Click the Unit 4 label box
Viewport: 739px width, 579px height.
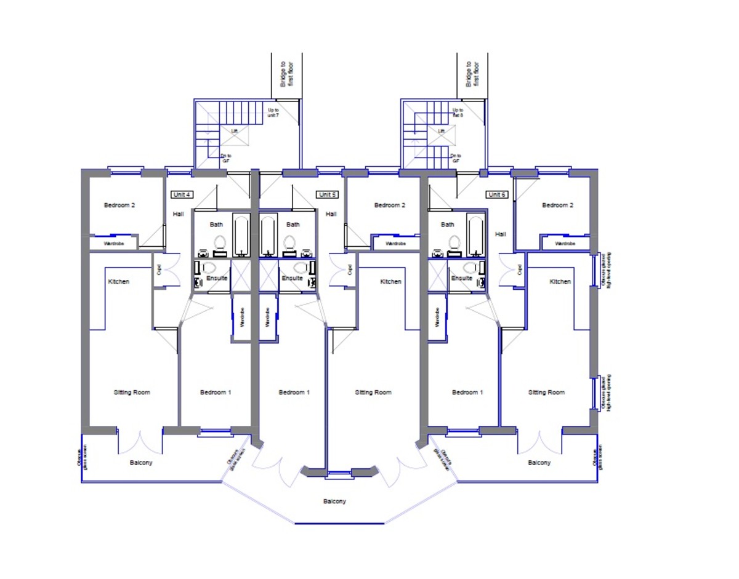182,194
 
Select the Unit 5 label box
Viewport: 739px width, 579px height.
328,194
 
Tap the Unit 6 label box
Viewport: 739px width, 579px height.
496,194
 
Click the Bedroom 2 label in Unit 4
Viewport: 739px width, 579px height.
119,206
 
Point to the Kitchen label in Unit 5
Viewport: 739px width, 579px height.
390,282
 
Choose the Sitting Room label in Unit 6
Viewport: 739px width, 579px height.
547,393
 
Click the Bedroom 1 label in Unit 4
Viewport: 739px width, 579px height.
216,393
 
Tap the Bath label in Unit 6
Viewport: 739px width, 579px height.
448,225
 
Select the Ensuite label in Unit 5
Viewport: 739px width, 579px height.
292,278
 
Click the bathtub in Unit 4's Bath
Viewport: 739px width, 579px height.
241,234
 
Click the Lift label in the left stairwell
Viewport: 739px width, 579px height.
234,131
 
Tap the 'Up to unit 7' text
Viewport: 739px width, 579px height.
273,113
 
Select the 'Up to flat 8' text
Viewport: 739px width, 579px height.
458,113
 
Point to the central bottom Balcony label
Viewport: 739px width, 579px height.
334,501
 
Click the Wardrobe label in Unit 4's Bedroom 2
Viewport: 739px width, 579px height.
114,244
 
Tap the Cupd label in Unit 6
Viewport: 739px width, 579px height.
519,270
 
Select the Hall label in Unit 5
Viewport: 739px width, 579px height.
331,214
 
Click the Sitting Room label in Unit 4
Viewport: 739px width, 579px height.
132,393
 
